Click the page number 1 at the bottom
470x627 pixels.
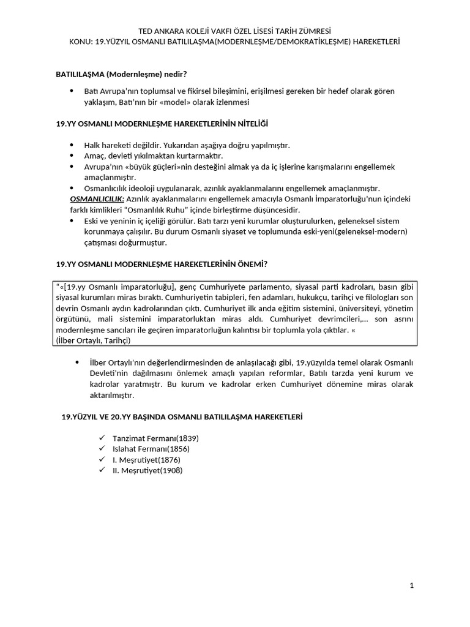click(x=412, y=586)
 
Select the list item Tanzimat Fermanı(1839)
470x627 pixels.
click(x=155, y=439)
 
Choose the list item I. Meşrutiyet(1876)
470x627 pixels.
click(x=146, y=460)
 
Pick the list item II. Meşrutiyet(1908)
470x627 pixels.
click(x=147, y=470)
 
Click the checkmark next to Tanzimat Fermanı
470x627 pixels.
click(x=102, y=439)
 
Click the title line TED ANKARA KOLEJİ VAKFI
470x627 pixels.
click(x=235, y=31)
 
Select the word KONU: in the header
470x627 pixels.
click(x=82, y=42)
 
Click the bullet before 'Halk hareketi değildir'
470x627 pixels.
click(x=72, y=145)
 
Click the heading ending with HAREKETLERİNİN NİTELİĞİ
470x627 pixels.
click(x=162, y=124)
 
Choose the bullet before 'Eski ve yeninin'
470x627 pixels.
click(x=72, y=220)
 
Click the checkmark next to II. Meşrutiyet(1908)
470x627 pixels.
click(x=102, y=470)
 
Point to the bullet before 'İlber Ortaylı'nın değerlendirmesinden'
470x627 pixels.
click(x=77, y=362)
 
